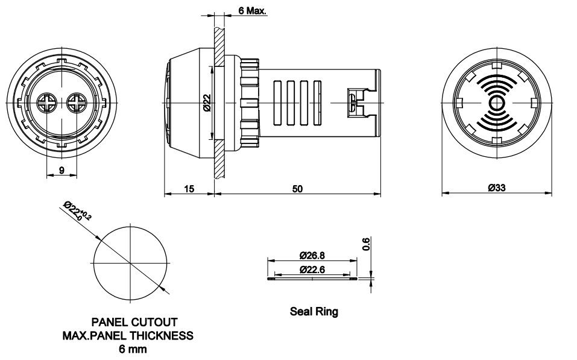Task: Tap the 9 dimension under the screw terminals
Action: [x=61, y=170]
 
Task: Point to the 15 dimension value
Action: [x=189, y=189]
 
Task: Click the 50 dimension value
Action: [x=297, y=189]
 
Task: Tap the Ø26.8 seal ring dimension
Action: [x=312, y=256]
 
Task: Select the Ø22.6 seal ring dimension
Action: [x=312, y=269]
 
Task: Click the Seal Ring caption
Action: [x=314, y=312]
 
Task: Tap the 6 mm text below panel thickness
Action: [x=128, y=349]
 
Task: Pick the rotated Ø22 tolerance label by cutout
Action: [x=77, y=212]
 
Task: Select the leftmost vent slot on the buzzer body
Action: [x=278, y=103]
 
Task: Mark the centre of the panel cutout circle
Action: [x=130, y=263]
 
